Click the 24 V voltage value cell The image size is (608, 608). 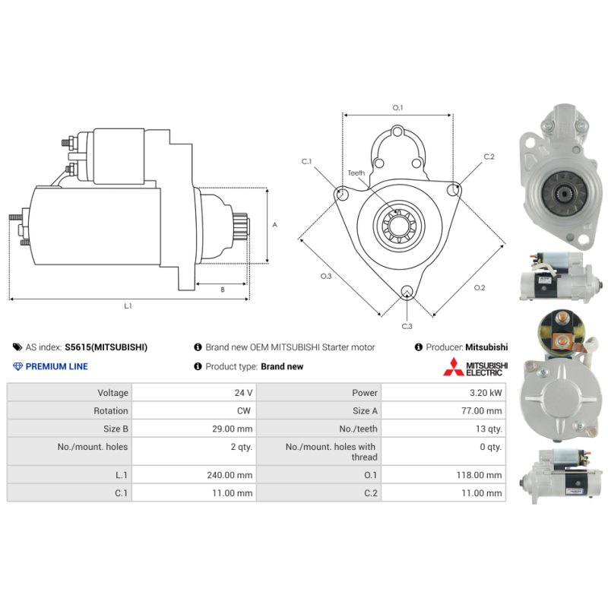[x=243, y=393]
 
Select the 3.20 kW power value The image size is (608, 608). [x=486, y=393]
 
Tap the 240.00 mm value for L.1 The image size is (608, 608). [x=230, y=475]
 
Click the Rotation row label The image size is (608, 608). [x=110, y=410]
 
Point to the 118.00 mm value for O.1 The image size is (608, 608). [x=479, y=475]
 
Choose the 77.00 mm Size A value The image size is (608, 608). [x=481, y=410]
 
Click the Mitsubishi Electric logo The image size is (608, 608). [x=476, y=367]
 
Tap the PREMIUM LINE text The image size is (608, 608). [x=56, y=366]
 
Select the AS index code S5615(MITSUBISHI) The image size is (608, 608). [x=106, y=347]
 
